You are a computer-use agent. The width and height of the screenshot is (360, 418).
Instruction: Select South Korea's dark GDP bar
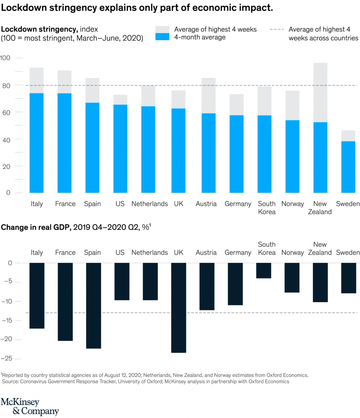click(264, 270)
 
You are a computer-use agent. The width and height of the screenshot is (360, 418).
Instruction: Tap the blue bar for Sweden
click(349, 167)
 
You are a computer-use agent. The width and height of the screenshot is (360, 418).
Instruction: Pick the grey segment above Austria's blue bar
click(206, 96)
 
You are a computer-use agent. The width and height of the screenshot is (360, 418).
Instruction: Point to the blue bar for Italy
click(37, 143)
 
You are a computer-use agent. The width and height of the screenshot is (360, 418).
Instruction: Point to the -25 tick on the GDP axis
click(7, 359)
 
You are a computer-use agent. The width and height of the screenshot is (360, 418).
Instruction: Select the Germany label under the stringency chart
click(238, 204)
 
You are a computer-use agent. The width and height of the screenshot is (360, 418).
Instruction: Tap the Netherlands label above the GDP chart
click(150, 252)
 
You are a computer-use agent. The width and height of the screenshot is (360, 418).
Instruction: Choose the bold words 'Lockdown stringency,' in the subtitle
click(40, 29)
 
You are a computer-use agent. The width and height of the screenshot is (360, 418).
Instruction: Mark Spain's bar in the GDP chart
click(93, 305)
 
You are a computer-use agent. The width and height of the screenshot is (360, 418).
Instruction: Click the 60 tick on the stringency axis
click(7, 112)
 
